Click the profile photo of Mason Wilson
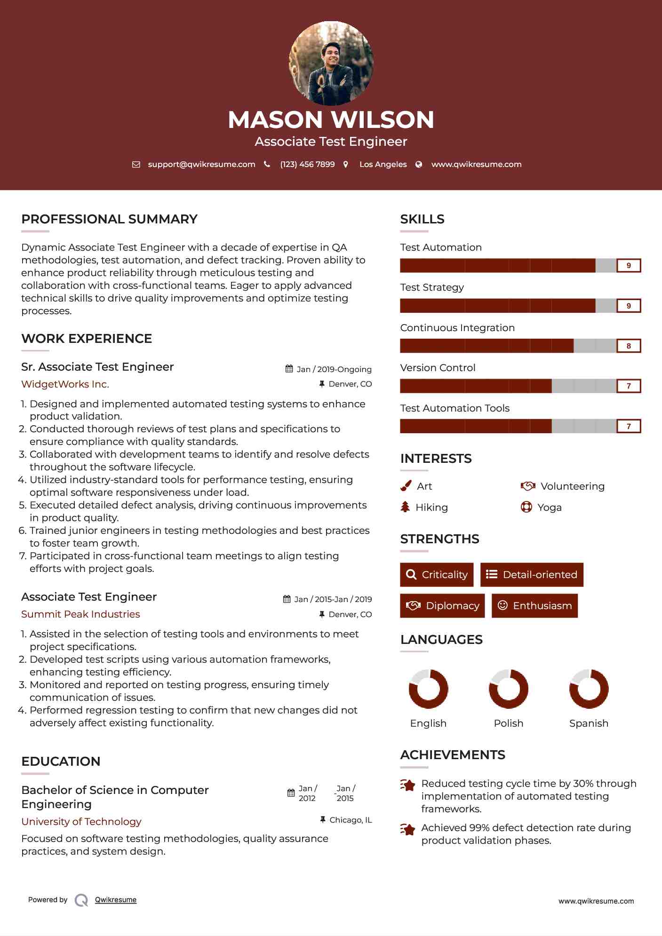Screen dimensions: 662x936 click(x=331, y=63)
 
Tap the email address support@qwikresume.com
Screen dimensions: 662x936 click(x=201, y=165)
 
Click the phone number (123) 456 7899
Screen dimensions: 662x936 click(x=307, y=165)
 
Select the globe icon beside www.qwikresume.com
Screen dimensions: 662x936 click(x=419, y=165)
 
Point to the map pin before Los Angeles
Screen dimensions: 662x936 click(x=346, y=165)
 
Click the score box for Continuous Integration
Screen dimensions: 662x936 click(x=629, y=346)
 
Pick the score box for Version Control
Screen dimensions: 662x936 click(x=629, y=386)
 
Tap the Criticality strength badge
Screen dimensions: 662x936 click(x=437, y=575)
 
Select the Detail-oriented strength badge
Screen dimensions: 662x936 click(x=532, y=575)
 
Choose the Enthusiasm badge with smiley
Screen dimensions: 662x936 click(x=534, y=606)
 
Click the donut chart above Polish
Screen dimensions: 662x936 click(x=509, y=689)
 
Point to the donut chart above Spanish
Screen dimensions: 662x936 click(x=589, y=689)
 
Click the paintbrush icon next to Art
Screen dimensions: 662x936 click(x=406, y=486)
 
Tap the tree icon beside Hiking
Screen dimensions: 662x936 click(x=405, y=507)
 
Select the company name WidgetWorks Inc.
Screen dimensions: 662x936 click(x=65, y=384)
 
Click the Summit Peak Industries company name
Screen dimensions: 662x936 click(x=80, y=614)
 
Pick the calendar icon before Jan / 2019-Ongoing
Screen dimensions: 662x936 click(x=289, y=369)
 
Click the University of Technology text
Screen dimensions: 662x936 click(x=81, y=822)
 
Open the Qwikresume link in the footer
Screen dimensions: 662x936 click(x=116, y=900)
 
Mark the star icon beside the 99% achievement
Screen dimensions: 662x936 click(x=408, y=829)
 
